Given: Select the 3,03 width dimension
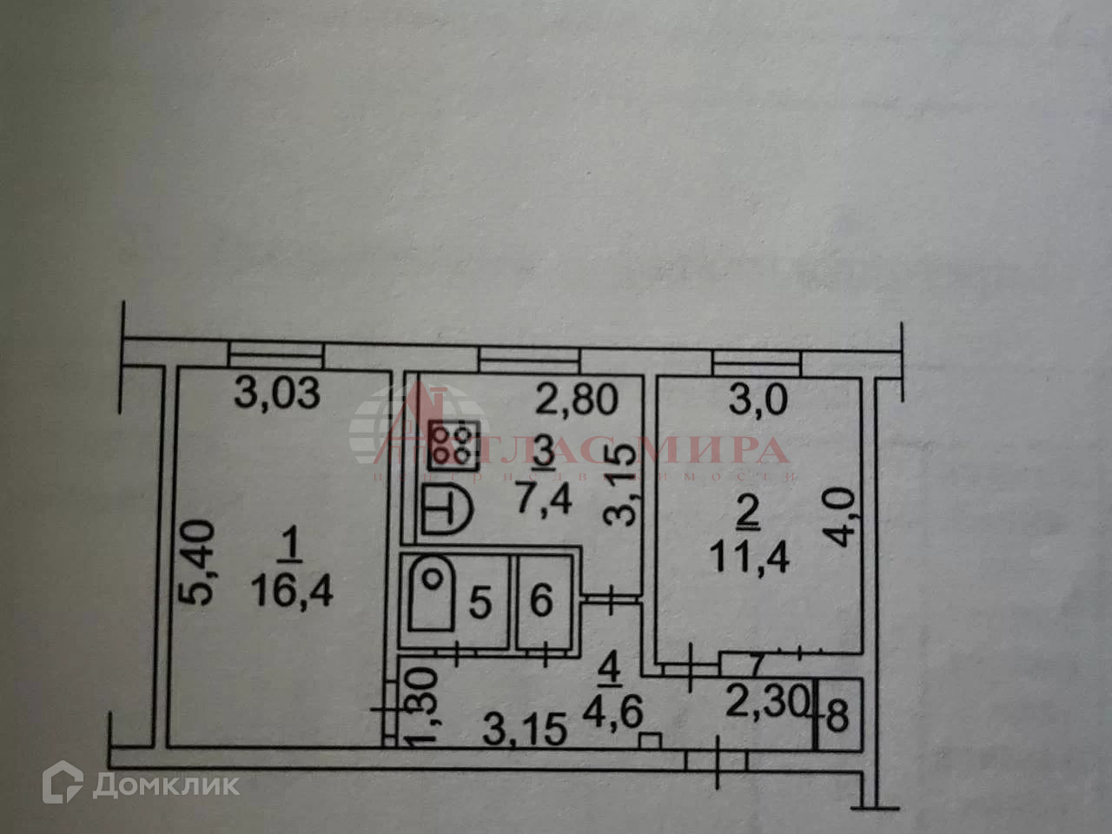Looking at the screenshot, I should tap(279, 394).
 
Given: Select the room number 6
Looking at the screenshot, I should tap(541, 600).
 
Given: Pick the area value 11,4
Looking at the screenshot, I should tap(749, 556).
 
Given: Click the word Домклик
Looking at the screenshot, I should tap(165, 785).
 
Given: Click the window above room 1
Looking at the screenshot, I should tap(275, 354).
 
